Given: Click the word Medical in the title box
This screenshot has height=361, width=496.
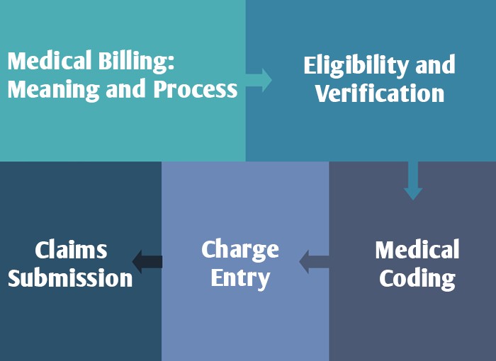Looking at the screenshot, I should (x=47, y=62).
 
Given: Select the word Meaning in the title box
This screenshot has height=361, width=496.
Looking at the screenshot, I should (x=48, y=90).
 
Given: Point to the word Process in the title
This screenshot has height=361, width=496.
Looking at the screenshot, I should (x=195, y=90).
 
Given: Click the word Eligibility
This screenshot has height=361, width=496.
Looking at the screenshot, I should (x=349, y=66).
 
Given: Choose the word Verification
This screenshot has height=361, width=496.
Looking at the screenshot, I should (x=380, y=93).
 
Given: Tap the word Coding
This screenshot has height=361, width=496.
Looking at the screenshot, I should (x=417, y=278).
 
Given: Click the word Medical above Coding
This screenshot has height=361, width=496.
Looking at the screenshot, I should (x=417, y=250).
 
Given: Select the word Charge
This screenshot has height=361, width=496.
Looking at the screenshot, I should (x=240, y=250).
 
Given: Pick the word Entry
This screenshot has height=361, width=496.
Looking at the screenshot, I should (x=240, y=278).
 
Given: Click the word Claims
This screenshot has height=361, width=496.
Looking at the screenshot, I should (x=71, y=250).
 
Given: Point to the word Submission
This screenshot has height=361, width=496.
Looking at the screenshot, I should (x=70, y=278).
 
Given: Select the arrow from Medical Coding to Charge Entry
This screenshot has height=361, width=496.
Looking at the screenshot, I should (x=313, y=262).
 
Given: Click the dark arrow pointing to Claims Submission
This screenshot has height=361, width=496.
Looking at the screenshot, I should (x=147, y=262).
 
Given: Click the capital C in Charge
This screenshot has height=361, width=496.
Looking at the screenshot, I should (x=208, y=250).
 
